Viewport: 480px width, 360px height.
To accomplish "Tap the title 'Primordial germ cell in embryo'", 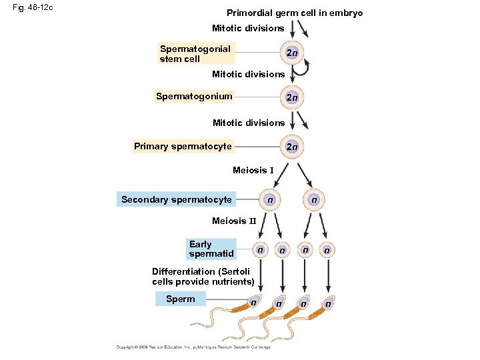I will pyautogui.click(x=295, y=13).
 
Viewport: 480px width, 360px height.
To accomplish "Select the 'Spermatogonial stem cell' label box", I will pyautogui.click(x=195, y=53).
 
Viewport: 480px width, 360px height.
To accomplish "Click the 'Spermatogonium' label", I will pyautogui.click(x=194, y=96).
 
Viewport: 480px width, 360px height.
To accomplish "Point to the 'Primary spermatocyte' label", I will pyautogui.click(x=183, y=146).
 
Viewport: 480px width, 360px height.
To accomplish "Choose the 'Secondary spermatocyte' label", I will pyautogui.click(x=177, y=199).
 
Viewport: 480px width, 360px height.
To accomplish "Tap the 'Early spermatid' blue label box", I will pyautogui.click(x=211, y=249).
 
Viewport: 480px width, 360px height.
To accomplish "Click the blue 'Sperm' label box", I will pyautogui.click(x=180, y=299).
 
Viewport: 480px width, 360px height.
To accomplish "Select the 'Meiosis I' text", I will pyautogui.click(x=253, y=171).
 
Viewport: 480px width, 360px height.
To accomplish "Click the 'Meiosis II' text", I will pyautogui.click(x=233, y=221).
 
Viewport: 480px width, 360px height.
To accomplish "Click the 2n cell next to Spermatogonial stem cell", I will pyautogui.click(x=291, y=53).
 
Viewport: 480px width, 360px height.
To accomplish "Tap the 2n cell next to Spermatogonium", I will pyautogui.click(x=291, y=97).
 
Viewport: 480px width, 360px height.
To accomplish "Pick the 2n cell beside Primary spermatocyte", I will pyautogui.click(x=291, y=146).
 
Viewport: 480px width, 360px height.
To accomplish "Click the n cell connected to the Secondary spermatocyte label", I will pyautogui.click(x=269, y=199).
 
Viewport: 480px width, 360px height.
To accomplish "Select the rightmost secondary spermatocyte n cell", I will pyautogui.click(x=313, y=199).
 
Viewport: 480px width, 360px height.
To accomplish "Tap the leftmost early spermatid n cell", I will pyautogui.click(x=259, y=250).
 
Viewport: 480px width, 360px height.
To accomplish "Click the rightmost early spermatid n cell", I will pyautogui.click(x=327, y=250).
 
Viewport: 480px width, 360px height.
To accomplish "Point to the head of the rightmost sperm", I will pyautogui.click(x=327, y=303).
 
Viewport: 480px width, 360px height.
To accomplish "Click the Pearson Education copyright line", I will pyautogui.click(x=193, y=347).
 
